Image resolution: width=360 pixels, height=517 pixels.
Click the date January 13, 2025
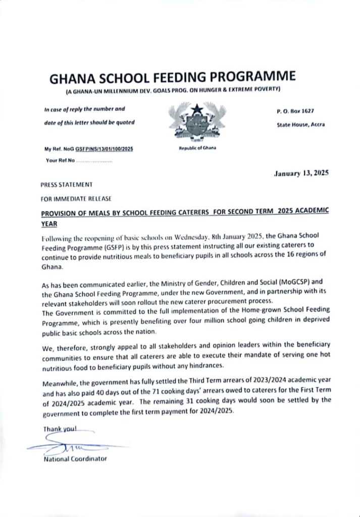[x=301, y=173]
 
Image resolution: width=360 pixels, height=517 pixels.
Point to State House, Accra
[x=300, y=124]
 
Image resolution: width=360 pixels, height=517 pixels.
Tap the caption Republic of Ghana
[x=197, y=148]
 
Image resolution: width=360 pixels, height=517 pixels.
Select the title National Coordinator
[x=76, y=459]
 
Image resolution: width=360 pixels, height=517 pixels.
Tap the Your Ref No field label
[x=60, y=161]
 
